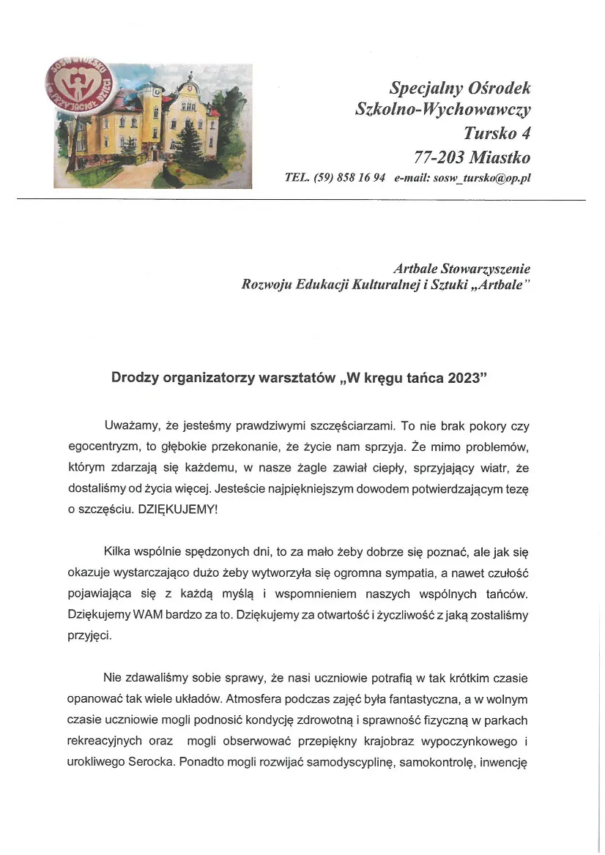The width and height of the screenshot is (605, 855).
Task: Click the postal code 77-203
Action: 438,157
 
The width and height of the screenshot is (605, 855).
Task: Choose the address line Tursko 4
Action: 497,134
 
